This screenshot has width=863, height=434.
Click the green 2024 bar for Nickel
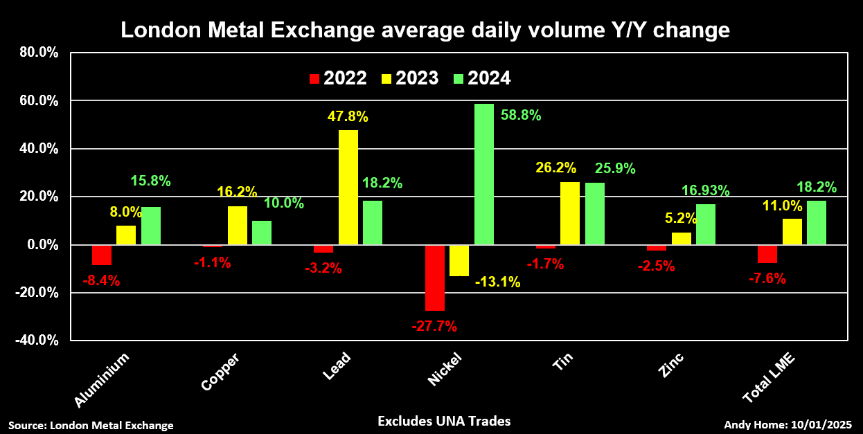pos(484,174)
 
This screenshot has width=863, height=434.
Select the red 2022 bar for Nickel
pos(435,278)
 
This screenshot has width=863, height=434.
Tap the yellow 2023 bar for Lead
pos(348,187)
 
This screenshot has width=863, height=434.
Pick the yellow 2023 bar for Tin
pos(570,213)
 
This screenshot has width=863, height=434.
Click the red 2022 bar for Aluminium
pos(102,255)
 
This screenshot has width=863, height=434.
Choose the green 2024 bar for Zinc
pos(706,224)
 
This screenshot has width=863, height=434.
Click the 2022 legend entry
pos(338,78)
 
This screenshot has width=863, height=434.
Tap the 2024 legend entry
pos(482,78)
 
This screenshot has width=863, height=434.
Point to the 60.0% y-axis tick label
pos(39,101)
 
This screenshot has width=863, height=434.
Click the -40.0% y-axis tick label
pos(37,341)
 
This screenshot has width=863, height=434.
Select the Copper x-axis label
pos(221,371)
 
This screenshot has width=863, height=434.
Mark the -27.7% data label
pos(435,326)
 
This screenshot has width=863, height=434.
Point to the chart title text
pos(425,30)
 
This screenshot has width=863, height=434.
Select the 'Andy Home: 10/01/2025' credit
pos(788,425)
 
